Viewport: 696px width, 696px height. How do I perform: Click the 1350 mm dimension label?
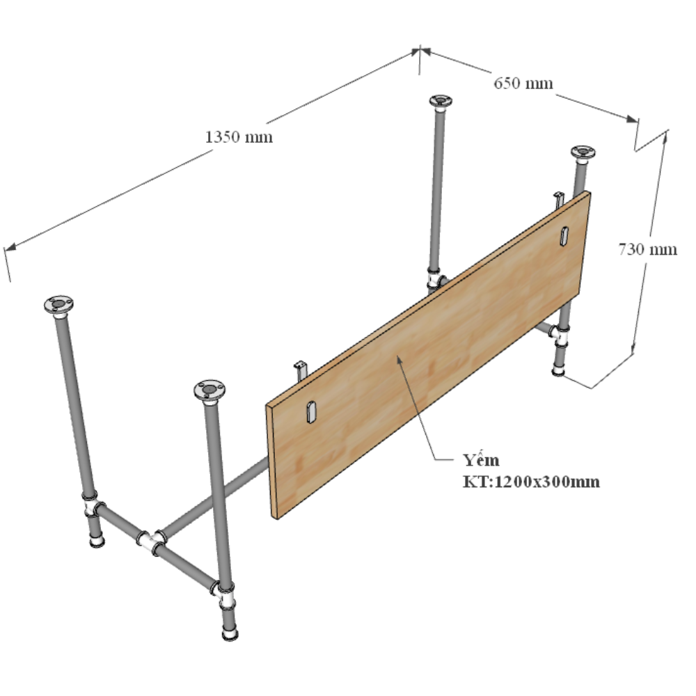(239, 136)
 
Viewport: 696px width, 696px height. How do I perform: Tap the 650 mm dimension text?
(523, 83)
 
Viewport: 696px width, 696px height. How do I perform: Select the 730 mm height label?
(647, 249)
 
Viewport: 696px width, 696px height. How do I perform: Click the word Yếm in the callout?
(481, 459)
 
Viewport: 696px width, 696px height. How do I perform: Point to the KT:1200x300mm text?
(531, 482)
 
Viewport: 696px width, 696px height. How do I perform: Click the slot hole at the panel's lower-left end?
(311, 411)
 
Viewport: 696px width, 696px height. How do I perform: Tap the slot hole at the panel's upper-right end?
(564, 236)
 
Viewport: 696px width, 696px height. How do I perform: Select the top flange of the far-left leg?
(58, 306)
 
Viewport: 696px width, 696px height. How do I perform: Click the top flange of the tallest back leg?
(441, 101)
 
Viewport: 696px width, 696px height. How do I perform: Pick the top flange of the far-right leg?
(583, 153)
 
